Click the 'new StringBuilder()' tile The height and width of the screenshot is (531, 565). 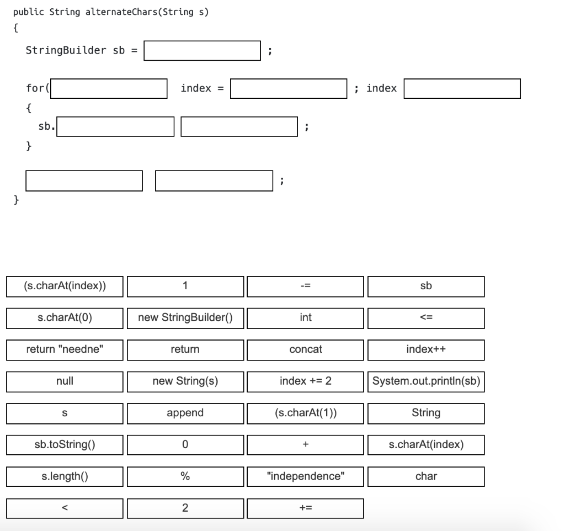click(185, 317)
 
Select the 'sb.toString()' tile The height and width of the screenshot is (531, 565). click(65, 444)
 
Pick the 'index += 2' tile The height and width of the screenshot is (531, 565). click(305, 381)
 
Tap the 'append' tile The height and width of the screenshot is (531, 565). click(185, 413)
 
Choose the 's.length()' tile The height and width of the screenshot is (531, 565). click(65, 476)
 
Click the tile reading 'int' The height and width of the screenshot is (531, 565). click(305, 317)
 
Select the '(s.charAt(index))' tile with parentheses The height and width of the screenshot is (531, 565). click(65, 286)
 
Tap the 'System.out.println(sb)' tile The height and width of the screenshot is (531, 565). click(426, 381)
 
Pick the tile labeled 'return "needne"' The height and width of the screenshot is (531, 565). click(65, 349)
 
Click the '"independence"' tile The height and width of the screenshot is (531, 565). click(305, 476)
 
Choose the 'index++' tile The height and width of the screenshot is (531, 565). click(426, 349)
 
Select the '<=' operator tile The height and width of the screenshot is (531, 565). click(426, 317)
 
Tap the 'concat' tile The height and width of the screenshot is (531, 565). click(305, 349)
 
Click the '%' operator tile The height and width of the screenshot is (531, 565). click(185, 476)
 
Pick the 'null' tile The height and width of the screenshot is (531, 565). click(65, 381)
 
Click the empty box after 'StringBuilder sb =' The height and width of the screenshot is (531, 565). click(202, 51)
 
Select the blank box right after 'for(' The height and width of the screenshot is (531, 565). click(109, 88)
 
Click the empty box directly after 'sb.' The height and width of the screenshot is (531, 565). click(115, 127)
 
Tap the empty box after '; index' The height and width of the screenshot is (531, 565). click(462, 88)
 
